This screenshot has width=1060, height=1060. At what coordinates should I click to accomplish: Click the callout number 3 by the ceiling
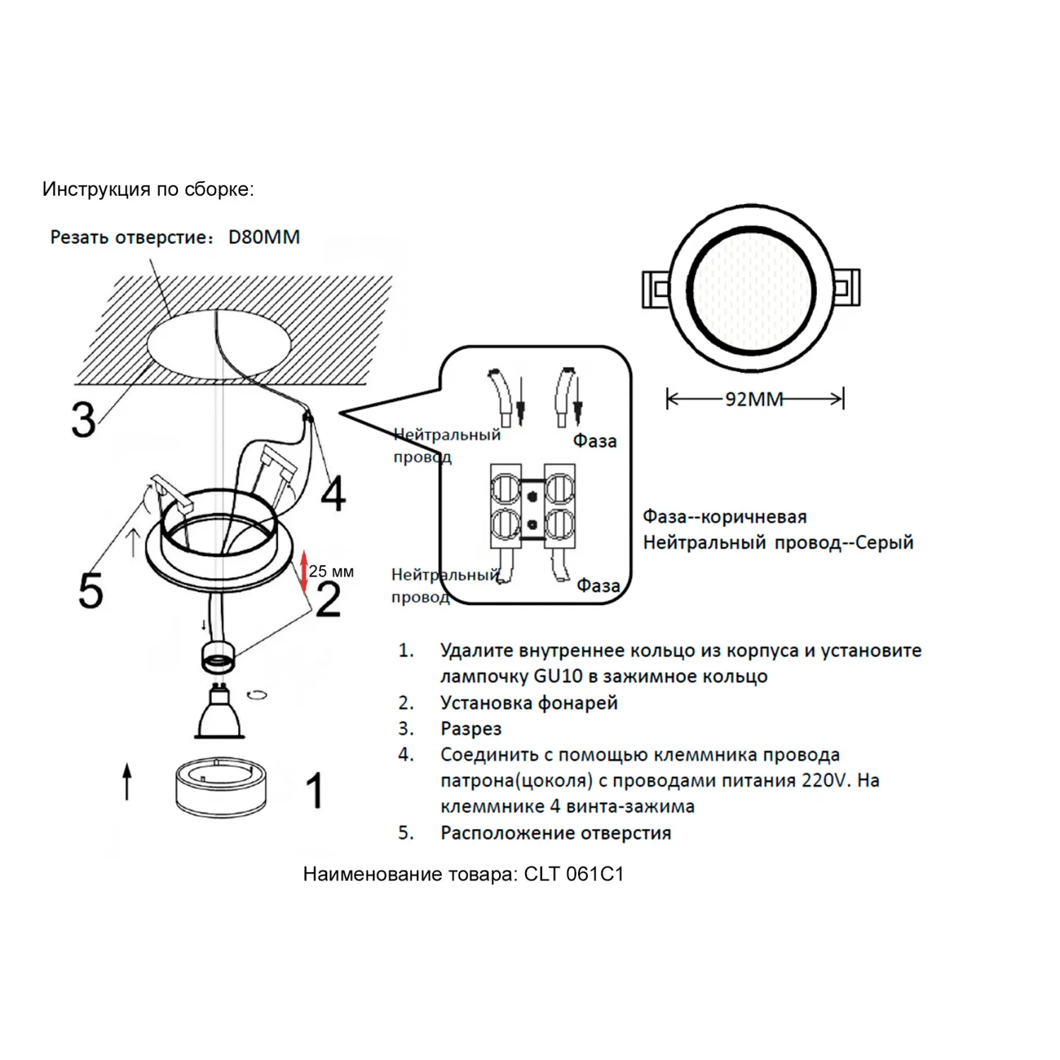pyautogui.click(x=83, y=420)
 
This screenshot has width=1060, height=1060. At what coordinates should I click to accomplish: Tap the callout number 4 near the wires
pyautogui.click(x=334, y=493)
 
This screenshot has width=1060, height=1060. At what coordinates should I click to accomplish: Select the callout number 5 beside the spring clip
pyautogui.click(x=90, y=590)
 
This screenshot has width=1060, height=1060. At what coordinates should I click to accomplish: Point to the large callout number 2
pyautogui.click(x=328, y=600)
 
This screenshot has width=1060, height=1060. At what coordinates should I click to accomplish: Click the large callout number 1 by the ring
pyautogui.click(x=314, y=790)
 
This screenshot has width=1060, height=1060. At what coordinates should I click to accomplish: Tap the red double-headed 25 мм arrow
pyautogui.click(x=304, y=571)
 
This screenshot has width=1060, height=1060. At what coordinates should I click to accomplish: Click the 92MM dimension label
pyautogui.click(x=754, y=399)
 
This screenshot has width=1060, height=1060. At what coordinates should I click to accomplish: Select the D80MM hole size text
pyautogui.click(x=264, y=237)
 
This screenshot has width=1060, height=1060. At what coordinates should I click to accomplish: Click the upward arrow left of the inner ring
pyautogui.click(x=127, y=781)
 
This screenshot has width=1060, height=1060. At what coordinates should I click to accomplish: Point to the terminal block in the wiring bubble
pyautogui.click(x=533, y=506)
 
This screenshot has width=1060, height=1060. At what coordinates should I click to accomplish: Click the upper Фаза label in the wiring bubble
pyautogui.click(x=594, y=441)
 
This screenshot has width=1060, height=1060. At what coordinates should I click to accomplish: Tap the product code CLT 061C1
pyautogui.click(x=574, y=874)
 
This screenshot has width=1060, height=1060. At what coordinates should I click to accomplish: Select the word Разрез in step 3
pyautogui.click(x=471, y=729)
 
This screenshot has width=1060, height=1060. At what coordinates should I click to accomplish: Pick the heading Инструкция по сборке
pyautogui.click(x=148, y=189)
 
